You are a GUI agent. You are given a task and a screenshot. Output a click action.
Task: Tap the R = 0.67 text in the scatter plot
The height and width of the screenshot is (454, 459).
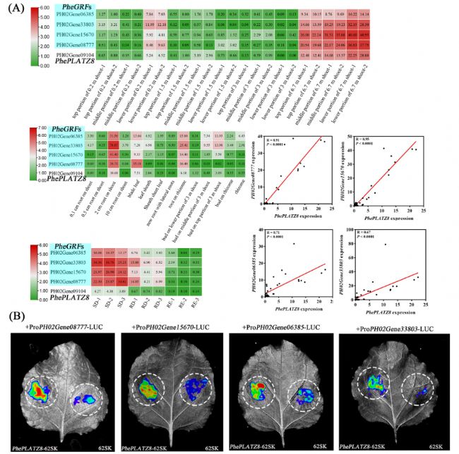point(364,233)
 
